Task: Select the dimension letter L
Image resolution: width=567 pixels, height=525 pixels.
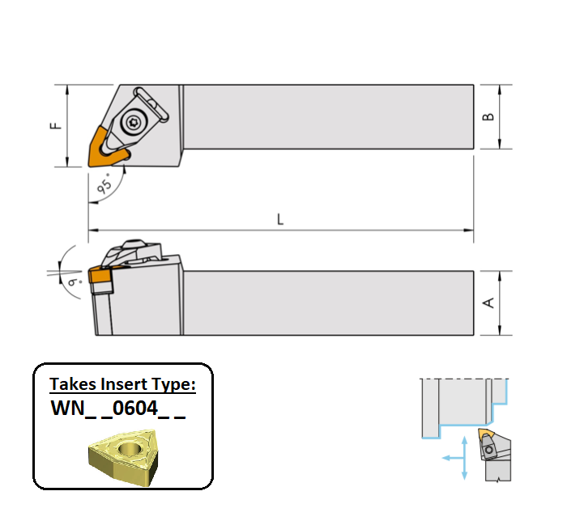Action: [279, 219]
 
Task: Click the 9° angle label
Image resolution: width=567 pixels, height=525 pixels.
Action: [74, 282]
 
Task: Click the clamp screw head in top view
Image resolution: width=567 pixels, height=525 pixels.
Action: [134, 122]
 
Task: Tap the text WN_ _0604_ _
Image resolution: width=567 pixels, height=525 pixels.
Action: [118, 409]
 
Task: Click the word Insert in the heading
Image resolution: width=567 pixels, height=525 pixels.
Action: [118, 384]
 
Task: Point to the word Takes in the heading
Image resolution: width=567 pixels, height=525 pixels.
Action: [71, 384]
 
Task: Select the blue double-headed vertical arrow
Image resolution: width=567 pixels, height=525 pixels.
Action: [463, 457]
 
